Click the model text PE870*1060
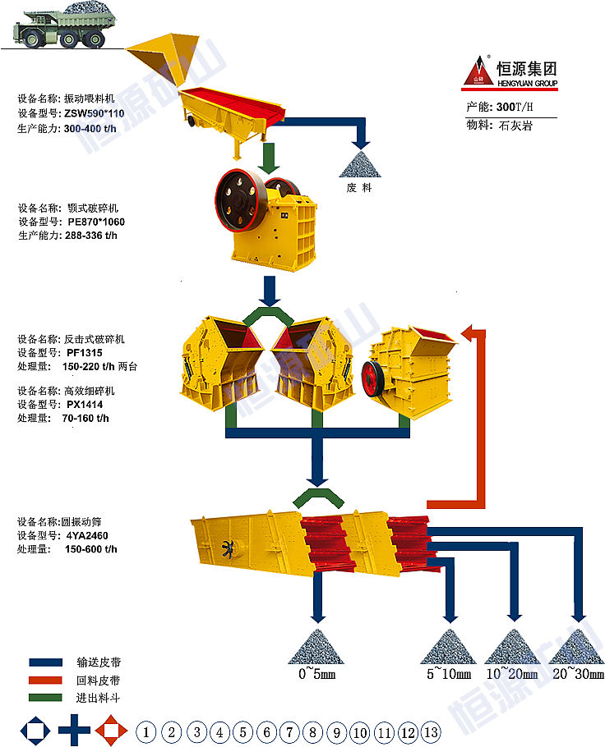click(96, 222)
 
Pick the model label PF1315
click(85, 353)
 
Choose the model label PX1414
click(85, 404)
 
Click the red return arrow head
click(473, 333)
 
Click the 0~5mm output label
click(316, 674)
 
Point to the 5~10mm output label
click(448, 674)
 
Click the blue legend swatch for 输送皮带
click(45, 662)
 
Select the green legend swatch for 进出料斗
click(45, 698)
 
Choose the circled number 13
click(431, 731)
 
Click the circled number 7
click(289, 731)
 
